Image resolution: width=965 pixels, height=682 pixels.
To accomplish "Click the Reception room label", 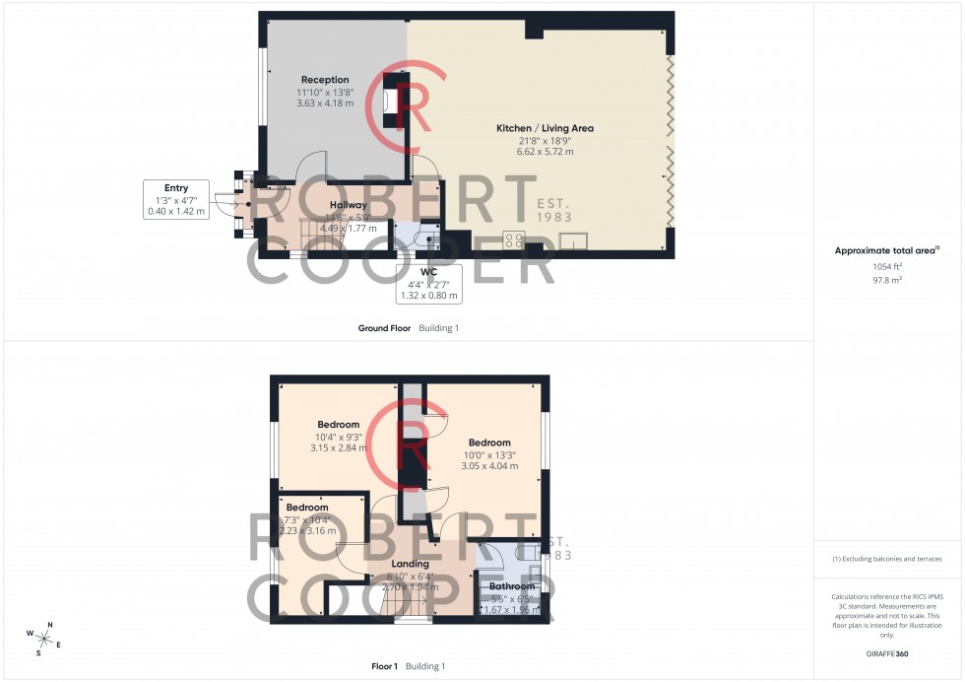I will point(325,80).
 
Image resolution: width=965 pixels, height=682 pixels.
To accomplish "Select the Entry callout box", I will point(176,199).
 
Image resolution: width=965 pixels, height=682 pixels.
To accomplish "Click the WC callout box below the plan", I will point(426,283).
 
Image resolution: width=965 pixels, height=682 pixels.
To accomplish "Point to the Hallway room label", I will point(348,205).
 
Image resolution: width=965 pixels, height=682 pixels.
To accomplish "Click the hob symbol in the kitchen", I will point(514,240).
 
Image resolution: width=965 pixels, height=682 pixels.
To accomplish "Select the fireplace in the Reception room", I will point(391,101).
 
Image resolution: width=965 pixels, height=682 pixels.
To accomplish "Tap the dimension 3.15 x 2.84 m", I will point(338,447).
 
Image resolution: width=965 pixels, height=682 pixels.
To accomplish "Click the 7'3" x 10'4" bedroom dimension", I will point(307,519).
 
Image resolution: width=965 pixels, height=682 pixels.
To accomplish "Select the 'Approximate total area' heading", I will point(885,250).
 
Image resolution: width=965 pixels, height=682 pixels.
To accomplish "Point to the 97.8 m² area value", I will point(887,279).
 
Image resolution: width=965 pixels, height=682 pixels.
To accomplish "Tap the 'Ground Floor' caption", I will point(384,327).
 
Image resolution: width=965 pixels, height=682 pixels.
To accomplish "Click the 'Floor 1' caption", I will point(384,666).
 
